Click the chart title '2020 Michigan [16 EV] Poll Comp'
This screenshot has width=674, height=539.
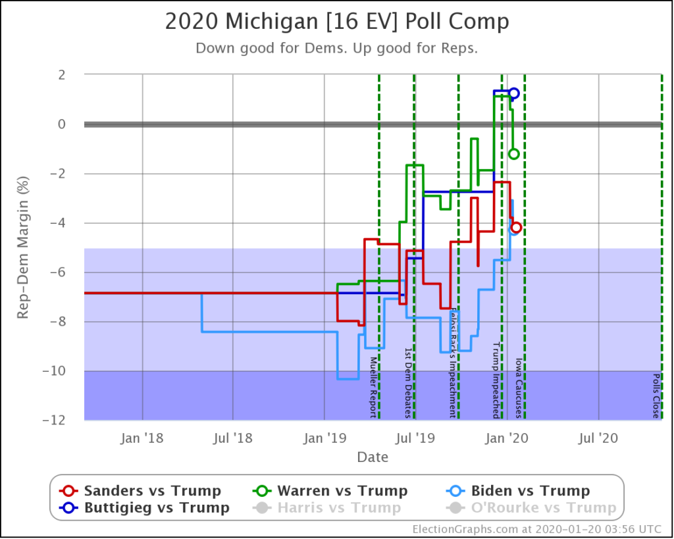(x=336, y=22)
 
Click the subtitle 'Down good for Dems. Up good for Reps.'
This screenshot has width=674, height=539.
(x=336, y=49)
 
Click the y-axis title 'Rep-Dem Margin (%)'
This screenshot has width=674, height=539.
(x=24, y=247)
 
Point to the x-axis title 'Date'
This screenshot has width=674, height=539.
(x=373, y=457)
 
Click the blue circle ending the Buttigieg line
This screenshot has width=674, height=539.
(x=514, y=93)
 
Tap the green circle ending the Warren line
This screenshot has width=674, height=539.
(x=514, y=154)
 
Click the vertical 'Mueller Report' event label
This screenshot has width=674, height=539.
(x=373, y=387)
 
